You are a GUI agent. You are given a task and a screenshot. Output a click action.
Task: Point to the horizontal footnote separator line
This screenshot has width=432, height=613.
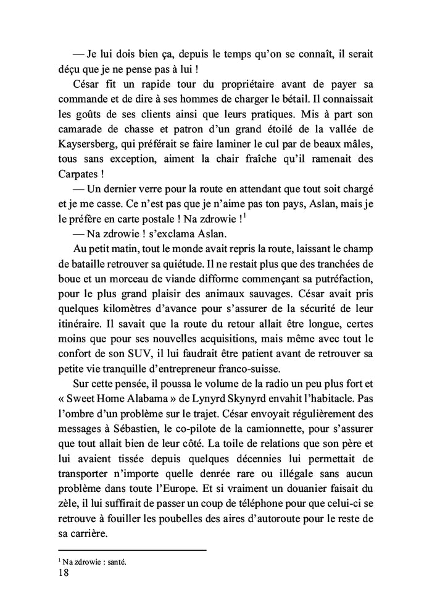coord(131,550)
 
